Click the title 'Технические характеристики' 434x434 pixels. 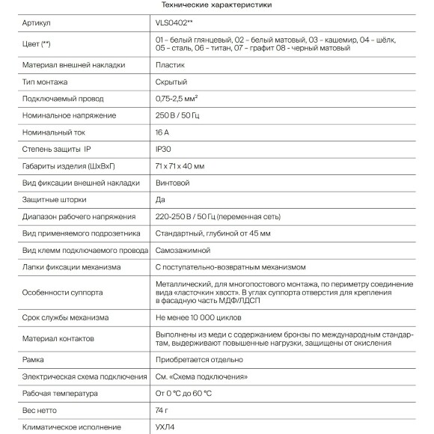(216, 5)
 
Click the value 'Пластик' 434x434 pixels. (168, 65)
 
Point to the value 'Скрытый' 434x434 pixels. (171, 82)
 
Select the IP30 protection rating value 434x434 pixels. (164, 149)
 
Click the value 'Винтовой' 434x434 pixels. (172, 183)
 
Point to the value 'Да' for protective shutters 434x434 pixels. (160, 200)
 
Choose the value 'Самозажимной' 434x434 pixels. (183, 250)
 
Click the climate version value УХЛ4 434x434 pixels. (165, 427)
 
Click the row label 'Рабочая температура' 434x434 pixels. (61, 393)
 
